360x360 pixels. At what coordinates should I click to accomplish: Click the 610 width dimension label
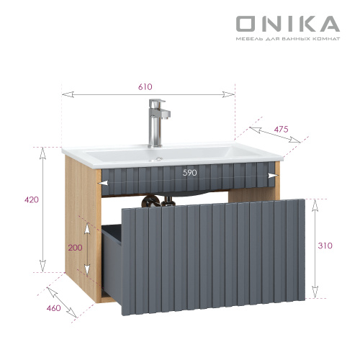pos(145,86)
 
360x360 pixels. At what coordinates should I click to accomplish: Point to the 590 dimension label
pos(189,173)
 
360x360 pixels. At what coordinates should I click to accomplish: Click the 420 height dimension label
pos(31,199)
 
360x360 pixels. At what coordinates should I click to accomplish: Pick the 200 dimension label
pos(76,247)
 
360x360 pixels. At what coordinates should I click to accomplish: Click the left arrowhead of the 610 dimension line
pos(65,94)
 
